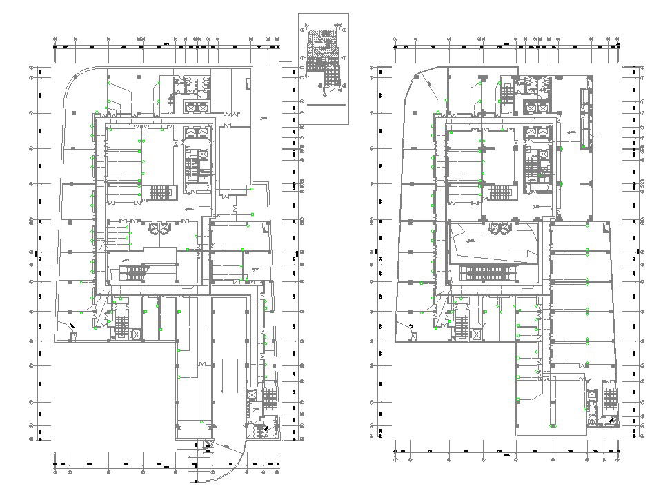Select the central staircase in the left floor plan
coord(160,192)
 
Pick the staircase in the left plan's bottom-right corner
coord(270,399)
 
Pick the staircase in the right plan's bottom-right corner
coord(609,399)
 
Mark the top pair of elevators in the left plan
coord(196,108)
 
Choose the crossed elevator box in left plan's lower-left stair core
coord(137,334)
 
